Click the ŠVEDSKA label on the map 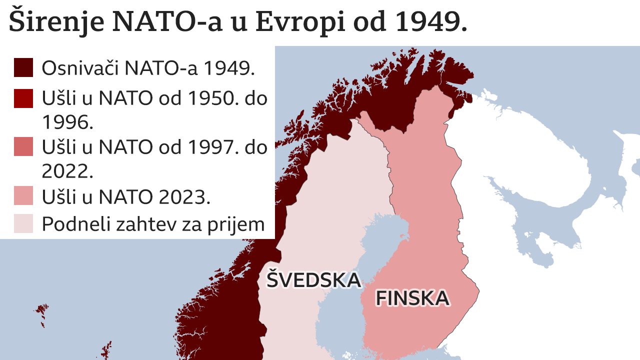(313, 279)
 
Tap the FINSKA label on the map (412, 298)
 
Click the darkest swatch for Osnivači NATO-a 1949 (23, 67)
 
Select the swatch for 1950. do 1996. (23, 98)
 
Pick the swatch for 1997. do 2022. (23, 147)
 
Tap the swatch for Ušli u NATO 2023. (23, 195)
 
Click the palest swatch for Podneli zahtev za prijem (23, 223)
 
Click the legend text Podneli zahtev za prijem (153, 223)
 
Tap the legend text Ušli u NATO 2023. (125, 197)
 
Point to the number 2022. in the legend (67, 171)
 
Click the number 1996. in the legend (67, 122)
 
